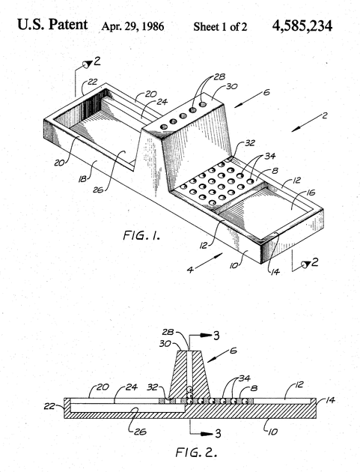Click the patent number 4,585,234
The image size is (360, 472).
pos(302,26)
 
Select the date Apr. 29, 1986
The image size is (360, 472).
pos(132,26)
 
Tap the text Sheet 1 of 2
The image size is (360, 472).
pos(220,27)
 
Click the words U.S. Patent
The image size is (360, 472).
pos(52,25)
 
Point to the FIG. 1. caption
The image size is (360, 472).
pos(141,235)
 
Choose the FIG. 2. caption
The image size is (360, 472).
pos(196,452)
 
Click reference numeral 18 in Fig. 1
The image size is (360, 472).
pos(82,179)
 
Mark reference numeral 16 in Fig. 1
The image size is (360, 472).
pos(311,192)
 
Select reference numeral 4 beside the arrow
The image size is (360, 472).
pos(190,270)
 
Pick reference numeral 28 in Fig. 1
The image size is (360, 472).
pos(219,77)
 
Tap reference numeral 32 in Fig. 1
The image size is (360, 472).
pos(250,143)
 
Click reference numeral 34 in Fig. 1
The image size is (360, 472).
pos(269,156)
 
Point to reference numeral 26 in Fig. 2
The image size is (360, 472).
pos(141,432)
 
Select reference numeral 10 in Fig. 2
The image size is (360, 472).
pos(272,432)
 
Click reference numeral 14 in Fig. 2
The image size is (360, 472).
pos(330,400)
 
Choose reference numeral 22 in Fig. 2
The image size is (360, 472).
pos(49,407)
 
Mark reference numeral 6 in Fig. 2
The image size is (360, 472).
pos(234,351)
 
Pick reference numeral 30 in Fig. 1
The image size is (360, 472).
pos(231,87)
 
